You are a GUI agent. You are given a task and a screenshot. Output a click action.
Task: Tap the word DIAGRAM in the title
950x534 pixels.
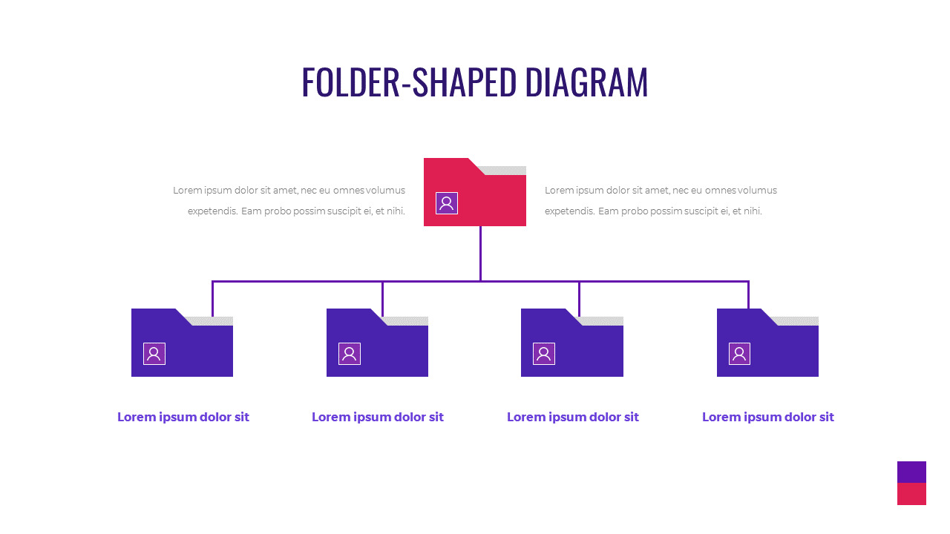coord(586,82)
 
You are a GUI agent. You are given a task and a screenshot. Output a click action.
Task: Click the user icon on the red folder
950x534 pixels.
coord(447,203)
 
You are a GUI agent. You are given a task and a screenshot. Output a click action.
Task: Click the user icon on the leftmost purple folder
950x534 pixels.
coord(154,354)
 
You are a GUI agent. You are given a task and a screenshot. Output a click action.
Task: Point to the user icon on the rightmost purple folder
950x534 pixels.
coord(739,354)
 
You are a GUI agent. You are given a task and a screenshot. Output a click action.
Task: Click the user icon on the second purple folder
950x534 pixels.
coord(350,354)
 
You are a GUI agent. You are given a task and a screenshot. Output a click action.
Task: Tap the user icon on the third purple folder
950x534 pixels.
coord(544,354)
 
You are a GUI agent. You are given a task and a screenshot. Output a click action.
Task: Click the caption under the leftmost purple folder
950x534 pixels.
coord(183,417)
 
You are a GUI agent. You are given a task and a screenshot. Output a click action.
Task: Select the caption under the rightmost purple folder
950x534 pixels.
coord(768,417)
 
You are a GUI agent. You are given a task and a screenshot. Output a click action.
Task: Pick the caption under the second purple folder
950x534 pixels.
coord(378,417)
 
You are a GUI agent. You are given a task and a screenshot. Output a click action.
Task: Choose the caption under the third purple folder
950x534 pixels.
coord(573,417)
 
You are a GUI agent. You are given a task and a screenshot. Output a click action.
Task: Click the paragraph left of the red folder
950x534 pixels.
coord(289,200)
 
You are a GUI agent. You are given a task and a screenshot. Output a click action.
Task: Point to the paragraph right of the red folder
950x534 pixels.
coord(661,200)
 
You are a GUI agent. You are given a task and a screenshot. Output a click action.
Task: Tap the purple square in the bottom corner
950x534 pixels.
coord(911,472)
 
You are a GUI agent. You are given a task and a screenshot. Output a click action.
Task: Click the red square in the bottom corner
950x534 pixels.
coord(911,494)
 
